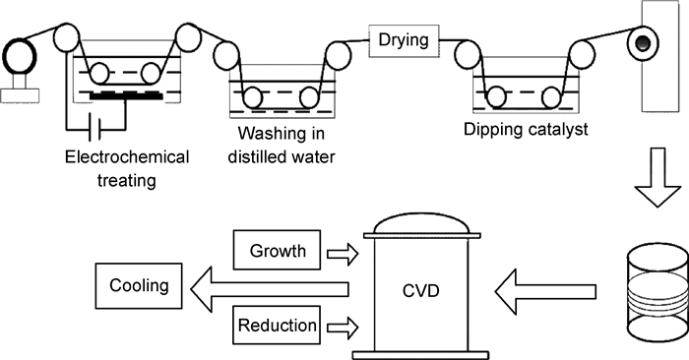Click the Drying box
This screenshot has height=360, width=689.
[404, 40]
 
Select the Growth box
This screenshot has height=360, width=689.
[277, 250]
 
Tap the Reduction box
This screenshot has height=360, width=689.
[277, 326]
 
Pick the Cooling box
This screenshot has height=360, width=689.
[139, 286]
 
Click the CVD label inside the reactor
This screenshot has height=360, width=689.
[421, 291]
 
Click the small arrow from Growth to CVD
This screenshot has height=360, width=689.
[343, 254]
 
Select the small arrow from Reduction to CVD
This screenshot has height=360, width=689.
[343, 328]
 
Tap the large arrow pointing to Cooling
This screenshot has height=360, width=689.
[270, 289]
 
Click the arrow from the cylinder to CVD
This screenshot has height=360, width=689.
[545, 291]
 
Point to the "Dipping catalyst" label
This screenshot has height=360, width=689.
[526, 130]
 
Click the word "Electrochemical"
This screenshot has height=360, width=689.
[127, 157]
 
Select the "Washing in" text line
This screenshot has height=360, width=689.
[282, 133]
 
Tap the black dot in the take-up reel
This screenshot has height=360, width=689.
[643, 43]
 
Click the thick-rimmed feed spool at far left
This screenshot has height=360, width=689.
[19, 57]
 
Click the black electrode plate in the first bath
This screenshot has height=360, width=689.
[126, 95]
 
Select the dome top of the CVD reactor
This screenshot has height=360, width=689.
[422, 223]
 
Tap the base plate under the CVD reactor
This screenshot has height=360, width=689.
[421, 355]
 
